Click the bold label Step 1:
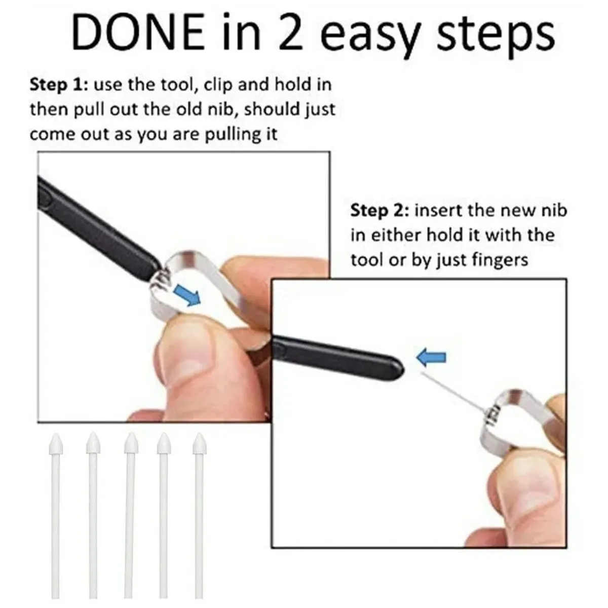(x=59, y=85)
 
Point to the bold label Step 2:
(x=380, y=210)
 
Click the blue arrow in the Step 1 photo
(x=188, y=295)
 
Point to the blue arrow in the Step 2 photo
(x=431, y=358)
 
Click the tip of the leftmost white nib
(x=56, y=435)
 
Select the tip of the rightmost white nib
(x=199, y=435)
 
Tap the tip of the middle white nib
(x=131, y=435)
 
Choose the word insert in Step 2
(x=439, y=210)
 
